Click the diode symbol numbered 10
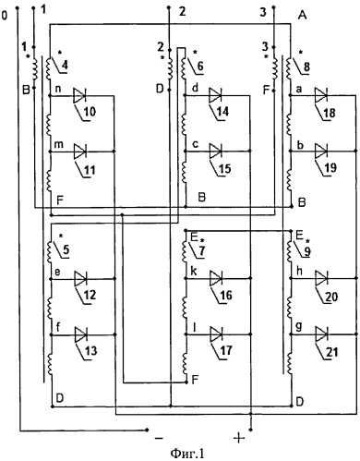pos(80,94)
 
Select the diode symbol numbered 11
pos(80,149)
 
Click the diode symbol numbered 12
pos(80,276)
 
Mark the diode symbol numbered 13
pos(80,331)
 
